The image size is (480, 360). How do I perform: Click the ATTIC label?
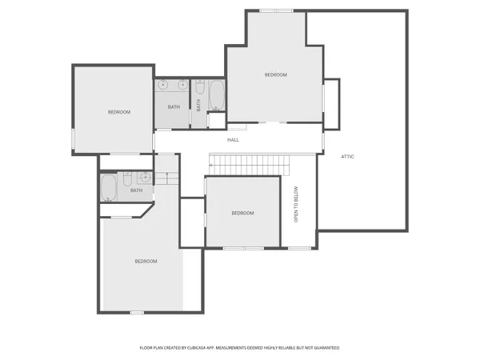347,156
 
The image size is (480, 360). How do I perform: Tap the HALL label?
233,140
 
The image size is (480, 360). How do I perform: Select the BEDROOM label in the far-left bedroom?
119,112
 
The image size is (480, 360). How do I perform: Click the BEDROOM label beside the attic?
276,74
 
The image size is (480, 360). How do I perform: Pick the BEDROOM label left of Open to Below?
242,213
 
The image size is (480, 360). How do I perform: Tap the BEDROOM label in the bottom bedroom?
146,262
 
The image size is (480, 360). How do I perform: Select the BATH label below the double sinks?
174,107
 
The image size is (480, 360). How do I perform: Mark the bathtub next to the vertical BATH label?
216,94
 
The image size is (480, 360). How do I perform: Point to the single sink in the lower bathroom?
146,177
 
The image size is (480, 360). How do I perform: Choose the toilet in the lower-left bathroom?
127,177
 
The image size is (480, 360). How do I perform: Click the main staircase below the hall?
248,165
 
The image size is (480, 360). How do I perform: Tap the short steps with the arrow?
166,178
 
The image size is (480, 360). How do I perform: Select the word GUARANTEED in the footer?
324,348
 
